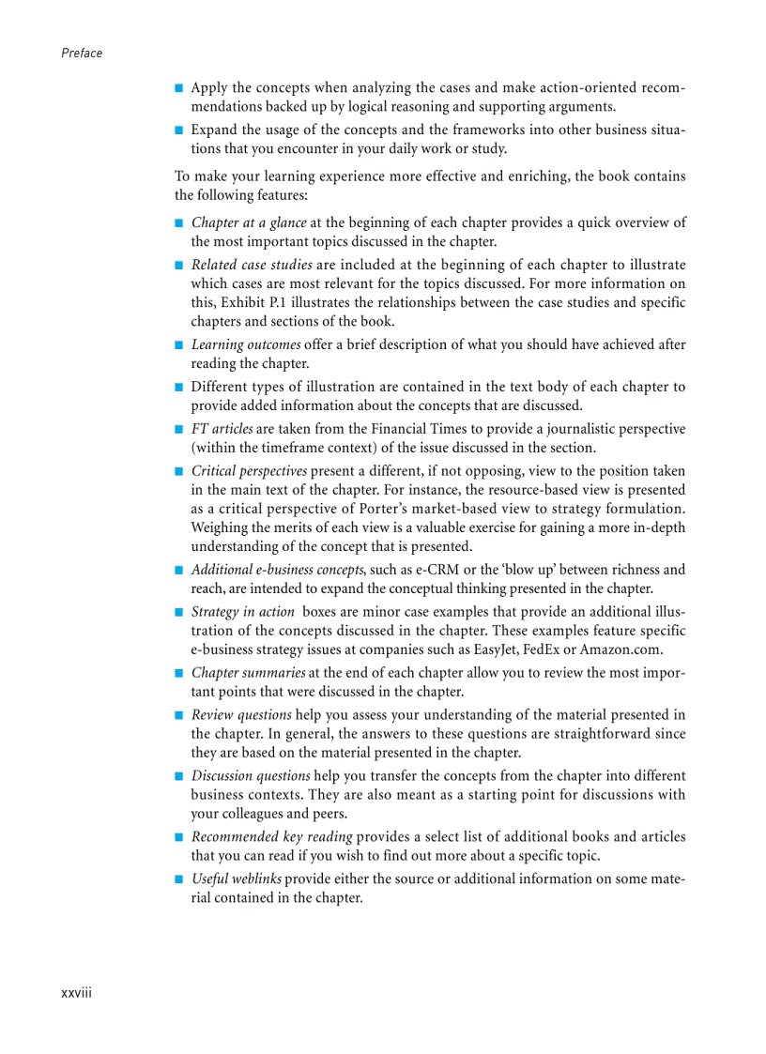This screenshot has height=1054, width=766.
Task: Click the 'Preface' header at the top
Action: pos(82,53)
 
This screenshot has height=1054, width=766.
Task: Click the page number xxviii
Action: pos(76,993)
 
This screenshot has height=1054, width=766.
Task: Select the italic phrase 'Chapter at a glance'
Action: pos(248,222)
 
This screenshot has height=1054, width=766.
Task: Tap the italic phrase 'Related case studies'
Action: pos(252,265)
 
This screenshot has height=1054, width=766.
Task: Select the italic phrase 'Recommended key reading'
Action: pos(271,837)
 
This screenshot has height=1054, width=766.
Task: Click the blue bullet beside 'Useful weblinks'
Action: pos(178,879)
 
